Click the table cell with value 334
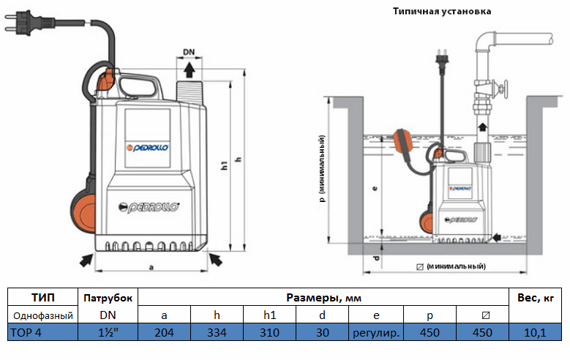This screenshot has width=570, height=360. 217,332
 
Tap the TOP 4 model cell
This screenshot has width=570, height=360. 42,332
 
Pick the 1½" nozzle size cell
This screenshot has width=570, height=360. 108,332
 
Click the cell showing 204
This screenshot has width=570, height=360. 164,332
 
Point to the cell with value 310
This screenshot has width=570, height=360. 269,332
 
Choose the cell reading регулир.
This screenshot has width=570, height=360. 375,332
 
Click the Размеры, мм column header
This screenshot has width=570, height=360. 323,298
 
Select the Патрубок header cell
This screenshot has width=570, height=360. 108,298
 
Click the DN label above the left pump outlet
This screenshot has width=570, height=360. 189,53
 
